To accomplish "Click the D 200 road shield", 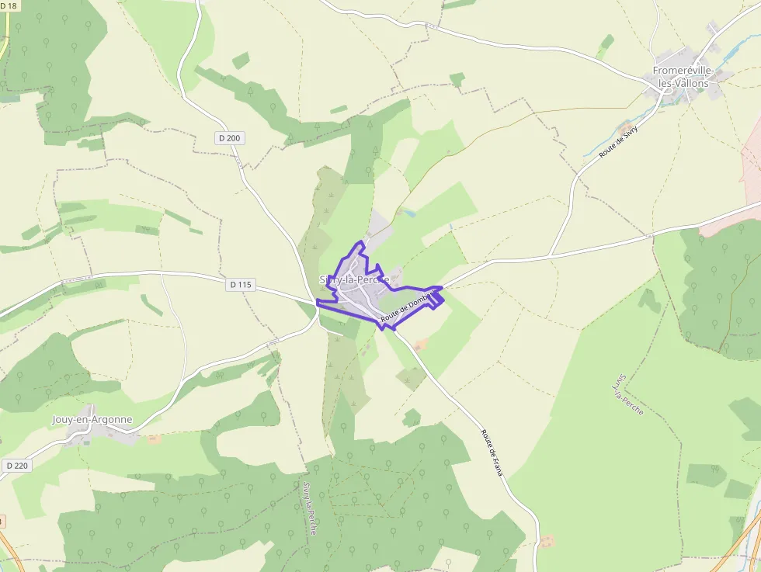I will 230,138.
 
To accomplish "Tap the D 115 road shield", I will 242,285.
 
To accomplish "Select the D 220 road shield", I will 16,466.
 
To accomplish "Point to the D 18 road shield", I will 8,6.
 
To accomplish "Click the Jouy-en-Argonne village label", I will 92,420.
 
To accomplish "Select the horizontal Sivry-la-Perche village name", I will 353,279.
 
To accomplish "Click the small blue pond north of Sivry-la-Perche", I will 409,212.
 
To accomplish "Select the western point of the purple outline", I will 318,301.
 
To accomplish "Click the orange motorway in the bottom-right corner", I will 738,543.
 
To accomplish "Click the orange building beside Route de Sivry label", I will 624,124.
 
